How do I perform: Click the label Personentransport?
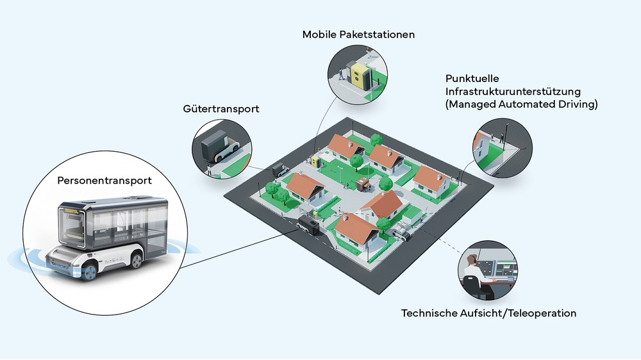click(x=104, y=181)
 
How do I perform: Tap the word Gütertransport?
click(x=221, y=109)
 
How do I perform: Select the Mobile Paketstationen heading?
click(x=358, y=34)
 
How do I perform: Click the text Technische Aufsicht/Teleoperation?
click(x=488, y=313)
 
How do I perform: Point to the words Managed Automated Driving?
click(x=522, y=104)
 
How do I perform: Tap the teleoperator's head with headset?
click(x=472, y=259)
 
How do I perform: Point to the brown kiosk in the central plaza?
click(x=363, y=184)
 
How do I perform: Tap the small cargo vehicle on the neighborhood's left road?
click(x=279, y=170)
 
